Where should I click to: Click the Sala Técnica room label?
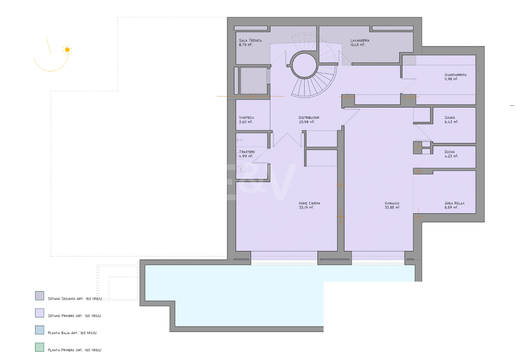(x=250, y=41)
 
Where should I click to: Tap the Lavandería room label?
(x=360, y=41)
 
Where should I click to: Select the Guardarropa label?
(x=455, y=75)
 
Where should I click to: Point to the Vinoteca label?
(x=247, y=118)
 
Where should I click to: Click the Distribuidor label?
(x=309, y=118)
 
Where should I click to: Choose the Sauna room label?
(x=450, y=118)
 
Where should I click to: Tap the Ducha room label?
(x=450, y=152)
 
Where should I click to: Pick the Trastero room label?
(x=247, y=152)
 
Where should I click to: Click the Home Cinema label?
(x=309, y=204)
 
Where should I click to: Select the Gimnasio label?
(x=392, y=204)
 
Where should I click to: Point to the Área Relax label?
(x=454, y=204)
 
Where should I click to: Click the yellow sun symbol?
(x=67, y=50)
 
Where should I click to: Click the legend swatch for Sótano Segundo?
(x=40, y=296)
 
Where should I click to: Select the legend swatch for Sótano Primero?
(x=40, y=313)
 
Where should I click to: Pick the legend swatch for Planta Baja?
(x=40, y=330)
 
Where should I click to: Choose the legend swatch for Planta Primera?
(x=40, y=347)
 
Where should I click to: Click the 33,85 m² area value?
(x=391, y=208)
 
